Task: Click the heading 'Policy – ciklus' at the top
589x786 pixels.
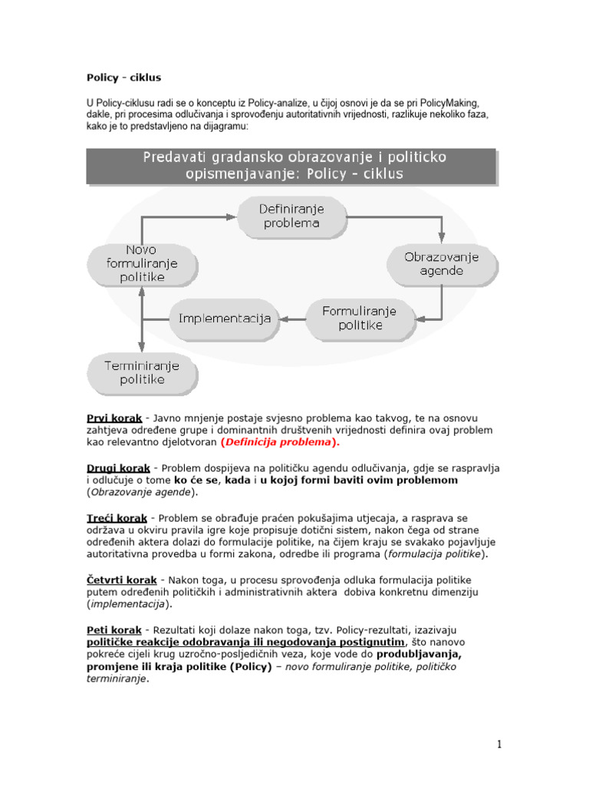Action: pyautogui.click(x=123, y=78)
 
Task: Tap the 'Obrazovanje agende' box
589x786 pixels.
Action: pyautogui.click(x=442, y=264)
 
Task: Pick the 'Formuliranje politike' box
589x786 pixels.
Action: pyautogui.click(x=359, y=318)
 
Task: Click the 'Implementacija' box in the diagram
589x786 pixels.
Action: pyautogui.click(x=225, y=318)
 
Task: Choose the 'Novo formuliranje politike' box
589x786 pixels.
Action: pyautogui.click(x=143, y=263)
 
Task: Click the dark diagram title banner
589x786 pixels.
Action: pyautogui.click(x=294, y=165)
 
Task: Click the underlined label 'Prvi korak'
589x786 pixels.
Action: pyautogui.click(x=114, y=418)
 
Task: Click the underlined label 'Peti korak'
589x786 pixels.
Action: pyautogui.click(x=113, y=629)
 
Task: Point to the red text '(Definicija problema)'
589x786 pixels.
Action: pyautogui.click(x=279, y=443)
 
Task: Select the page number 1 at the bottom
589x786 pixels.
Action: pyautogui.click(x=499, y=744)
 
